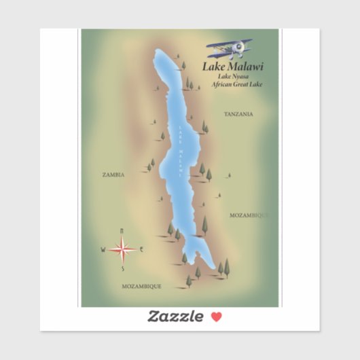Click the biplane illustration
pos(230,49)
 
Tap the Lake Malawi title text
pos(232,67)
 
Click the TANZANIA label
pos(238,114)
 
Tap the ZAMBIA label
pos(113,175)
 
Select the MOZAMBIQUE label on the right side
pos(249,215)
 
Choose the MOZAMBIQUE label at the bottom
pos(141,287)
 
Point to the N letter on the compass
pos(122,231)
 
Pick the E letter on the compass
pos(141,249)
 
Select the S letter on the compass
pos(122,269)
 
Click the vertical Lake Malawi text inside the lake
pos(181,146)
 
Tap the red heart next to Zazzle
pos(216,316)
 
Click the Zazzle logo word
pos(175,316)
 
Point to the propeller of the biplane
pos(239,48)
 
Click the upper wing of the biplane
pos(228,42)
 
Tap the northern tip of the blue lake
pos(158,51)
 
